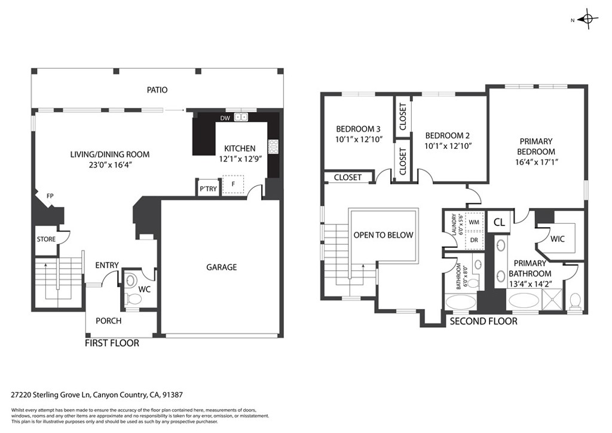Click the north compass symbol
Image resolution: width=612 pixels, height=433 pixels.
click(587, 20)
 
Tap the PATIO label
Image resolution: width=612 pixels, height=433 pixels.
click(157, 90)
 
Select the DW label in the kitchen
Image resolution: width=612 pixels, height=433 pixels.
click(225, 118)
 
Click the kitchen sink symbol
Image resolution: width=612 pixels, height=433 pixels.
click(241, 117)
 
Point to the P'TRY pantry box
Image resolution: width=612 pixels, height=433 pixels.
click(208, 188)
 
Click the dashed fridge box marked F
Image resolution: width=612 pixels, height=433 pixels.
click(233, 185)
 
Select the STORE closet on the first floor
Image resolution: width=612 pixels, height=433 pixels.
click(46, 239)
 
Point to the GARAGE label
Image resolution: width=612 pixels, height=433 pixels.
click(221, 267)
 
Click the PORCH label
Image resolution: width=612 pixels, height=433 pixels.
click(108, 321)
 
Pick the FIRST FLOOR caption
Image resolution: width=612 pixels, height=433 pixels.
click(112, 343)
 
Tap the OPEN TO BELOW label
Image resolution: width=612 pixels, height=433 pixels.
click(383, 235)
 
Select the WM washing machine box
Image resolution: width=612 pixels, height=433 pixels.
click(474, 222)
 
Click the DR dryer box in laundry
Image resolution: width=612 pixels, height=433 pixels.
click(474, 239)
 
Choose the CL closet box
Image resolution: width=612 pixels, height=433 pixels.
click(499, 222)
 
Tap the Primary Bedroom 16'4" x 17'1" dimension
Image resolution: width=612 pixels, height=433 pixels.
click(535, 161)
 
